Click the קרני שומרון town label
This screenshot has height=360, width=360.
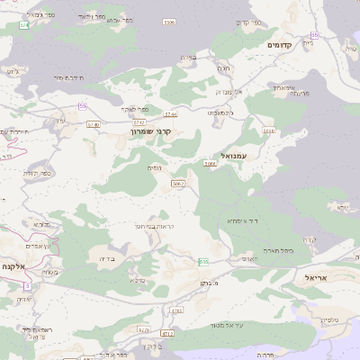pos(151,130)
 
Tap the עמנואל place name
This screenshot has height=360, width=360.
pos(220,155)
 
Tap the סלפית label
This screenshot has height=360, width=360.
pos(329,319)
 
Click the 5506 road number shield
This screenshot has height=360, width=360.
pos(168,22)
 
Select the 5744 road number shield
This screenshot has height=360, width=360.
pos(171,114)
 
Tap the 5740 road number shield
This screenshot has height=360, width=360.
pos(94,124)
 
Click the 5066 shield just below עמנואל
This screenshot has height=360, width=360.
pos(210,164)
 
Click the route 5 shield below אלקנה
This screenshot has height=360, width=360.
pos(27,285)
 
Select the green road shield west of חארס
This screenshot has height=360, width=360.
pos(203,262)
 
